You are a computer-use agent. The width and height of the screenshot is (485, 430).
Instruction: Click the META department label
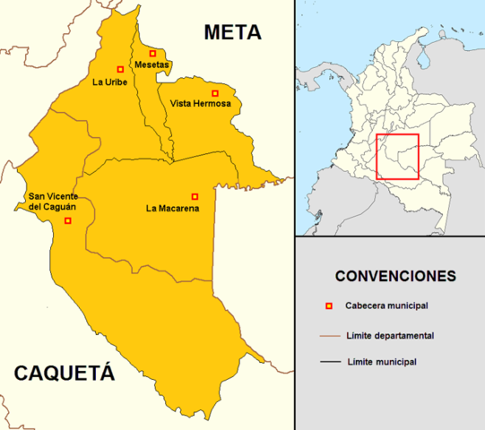232,33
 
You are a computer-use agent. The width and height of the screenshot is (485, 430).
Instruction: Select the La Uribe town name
109,82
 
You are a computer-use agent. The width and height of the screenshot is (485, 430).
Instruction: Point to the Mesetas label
152,65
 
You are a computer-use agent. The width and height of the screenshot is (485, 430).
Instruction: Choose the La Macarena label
172,209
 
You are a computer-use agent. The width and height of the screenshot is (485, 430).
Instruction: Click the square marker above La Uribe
120,69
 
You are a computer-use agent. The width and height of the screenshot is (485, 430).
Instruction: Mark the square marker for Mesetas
153,53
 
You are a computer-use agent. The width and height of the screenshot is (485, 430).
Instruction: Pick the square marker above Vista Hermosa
214,93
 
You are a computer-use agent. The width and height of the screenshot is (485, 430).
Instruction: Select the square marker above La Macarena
195,196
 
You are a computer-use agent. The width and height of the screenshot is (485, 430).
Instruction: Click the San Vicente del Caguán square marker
68,220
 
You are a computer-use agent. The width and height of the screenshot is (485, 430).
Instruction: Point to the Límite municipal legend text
380,362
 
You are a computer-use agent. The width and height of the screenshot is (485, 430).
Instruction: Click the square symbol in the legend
329,307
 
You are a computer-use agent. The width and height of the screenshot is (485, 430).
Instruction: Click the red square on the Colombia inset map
397,157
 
